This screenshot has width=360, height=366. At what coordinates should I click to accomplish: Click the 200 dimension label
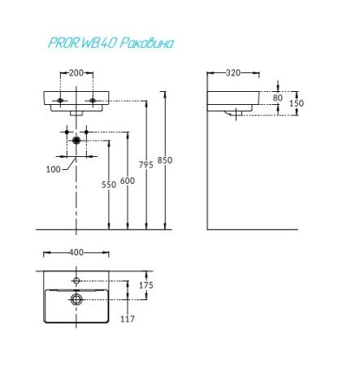pos(76,73)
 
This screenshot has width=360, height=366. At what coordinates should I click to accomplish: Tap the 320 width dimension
pos(233,73)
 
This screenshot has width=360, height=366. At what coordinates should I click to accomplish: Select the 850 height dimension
pos(165,160)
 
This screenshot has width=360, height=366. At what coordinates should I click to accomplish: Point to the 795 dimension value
pos(146,164)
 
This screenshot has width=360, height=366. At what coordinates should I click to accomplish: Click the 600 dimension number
pos(128,181)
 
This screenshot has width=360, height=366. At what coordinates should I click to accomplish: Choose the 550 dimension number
pos(109,185)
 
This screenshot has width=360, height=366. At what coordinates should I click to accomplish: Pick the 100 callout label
pos(54,169)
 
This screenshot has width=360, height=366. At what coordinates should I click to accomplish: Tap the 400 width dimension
pos(76,252)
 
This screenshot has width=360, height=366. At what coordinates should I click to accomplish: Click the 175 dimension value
pos(146,285)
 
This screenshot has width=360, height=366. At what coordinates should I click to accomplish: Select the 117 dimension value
pos(128,319)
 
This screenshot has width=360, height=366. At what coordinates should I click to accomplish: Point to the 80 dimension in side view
pos(278,98)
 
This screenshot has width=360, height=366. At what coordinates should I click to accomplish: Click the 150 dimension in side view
pos(297,103)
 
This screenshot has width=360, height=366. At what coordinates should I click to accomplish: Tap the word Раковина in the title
pos(146,43)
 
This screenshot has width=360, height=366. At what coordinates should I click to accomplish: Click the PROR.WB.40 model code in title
pos(83,43)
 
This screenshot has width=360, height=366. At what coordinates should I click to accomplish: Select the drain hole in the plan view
pos(76,299)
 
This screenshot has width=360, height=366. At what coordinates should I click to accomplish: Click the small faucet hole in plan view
pos(76,281)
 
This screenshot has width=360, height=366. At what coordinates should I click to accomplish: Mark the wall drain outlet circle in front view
pos(76,141)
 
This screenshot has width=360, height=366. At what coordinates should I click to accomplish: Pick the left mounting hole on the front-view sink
pos(60,101)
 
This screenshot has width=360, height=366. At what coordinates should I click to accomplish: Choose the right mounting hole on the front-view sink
pos(93,101)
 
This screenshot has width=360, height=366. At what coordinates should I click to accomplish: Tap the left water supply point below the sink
pos(67,132)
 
